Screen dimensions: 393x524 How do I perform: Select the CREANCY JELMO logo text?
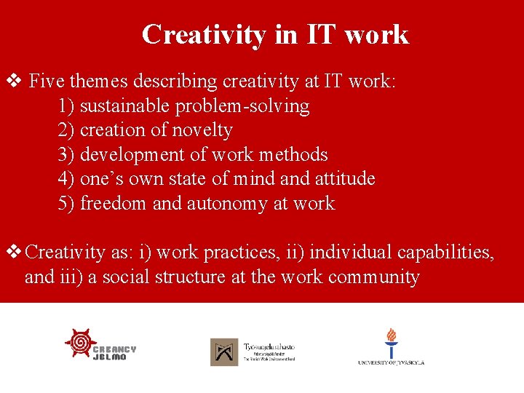tap(114, 354)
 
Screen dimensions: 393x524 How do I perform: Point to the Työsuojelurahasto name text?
tap(269, 347)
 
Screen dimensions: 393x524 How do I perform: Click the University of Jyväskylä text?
tap(391, 362)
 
